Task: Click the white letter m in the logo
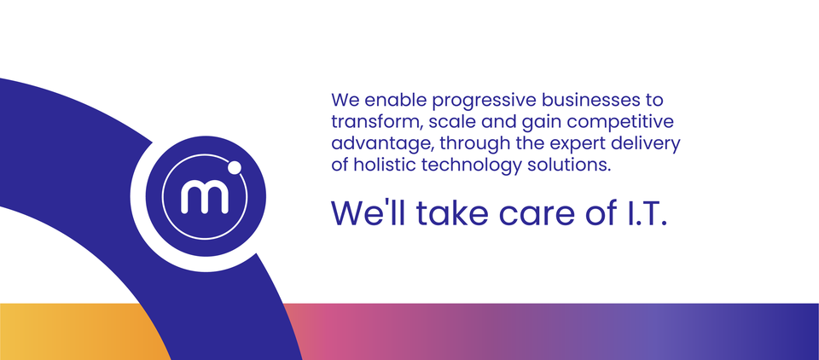pyautogui.click(x=205, y=197)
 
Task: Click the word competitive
pyautogui.click(x=625, y=121)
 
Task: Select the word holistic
pyautogui.click(x=385, y=165)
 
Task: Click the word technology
pyautogui.click(x=473, y=165)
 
